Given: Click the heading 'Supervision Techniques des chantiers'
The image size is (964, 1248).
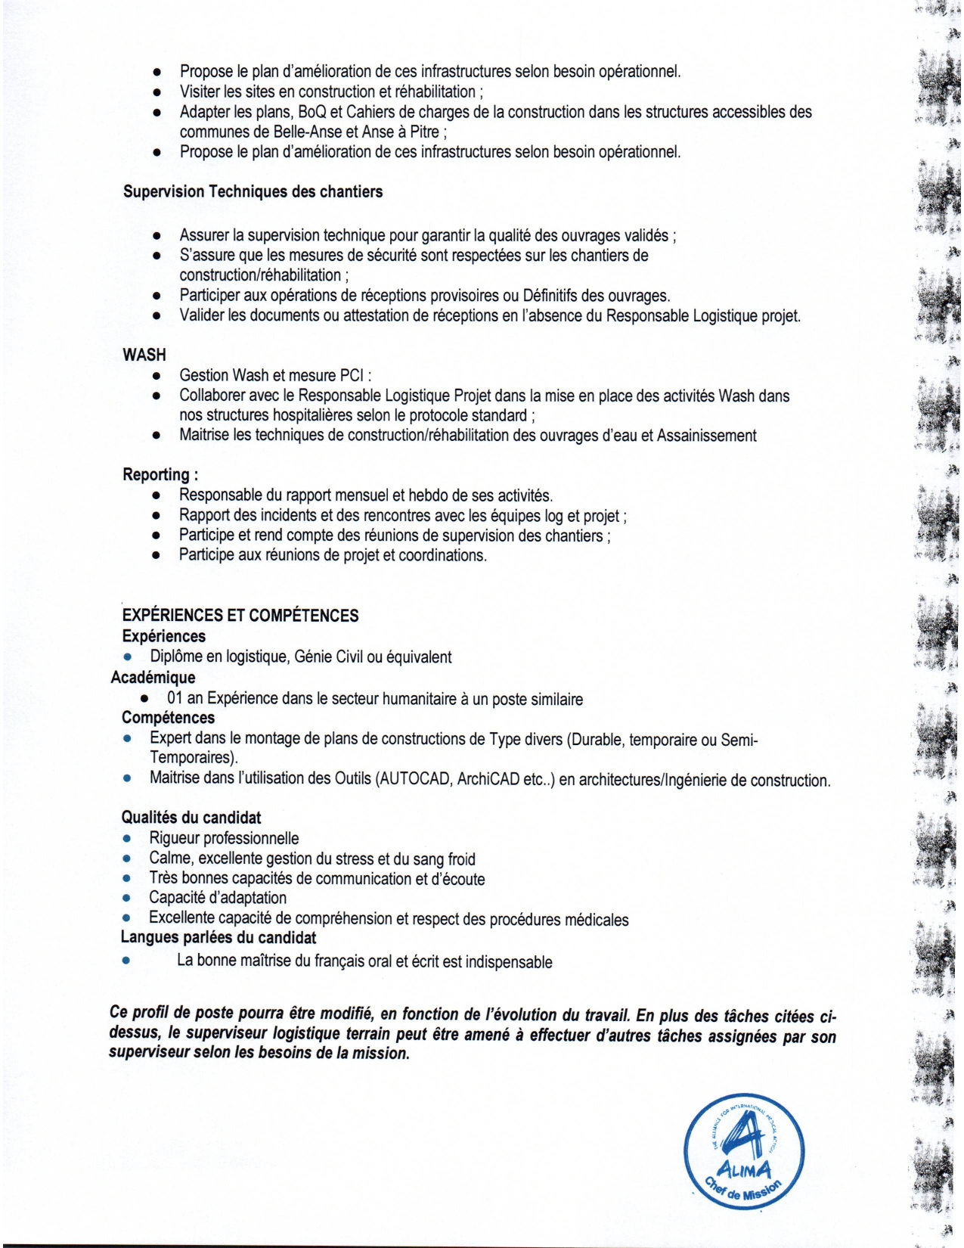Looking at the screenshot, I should (x=253, y=192).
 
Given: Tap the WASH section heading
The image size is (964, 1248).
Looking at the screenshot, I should (x=144, y=355).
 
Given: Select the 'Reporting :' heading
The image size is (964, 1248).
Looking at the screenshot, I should (x=160, y=475).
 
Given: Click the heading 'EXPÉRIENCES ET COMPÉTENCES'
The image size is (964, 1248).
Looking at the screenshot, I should (x=240, y=616).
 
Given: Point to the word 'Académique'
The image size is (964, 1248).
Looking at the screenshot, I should (x=153, y=678).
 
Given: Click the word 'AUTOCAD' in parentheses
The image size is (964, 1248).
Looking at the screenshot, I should (x=413, y=779).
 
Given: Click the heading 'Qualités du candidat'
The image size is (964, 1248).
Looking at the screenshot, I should (x=191, y=818).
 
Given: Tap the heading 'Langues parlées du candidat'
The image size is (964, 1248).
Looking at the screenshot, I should (x=219, y=938).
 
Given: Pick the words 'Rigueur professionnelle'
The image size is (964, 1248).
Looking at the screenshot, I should (x=224, y=839).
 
